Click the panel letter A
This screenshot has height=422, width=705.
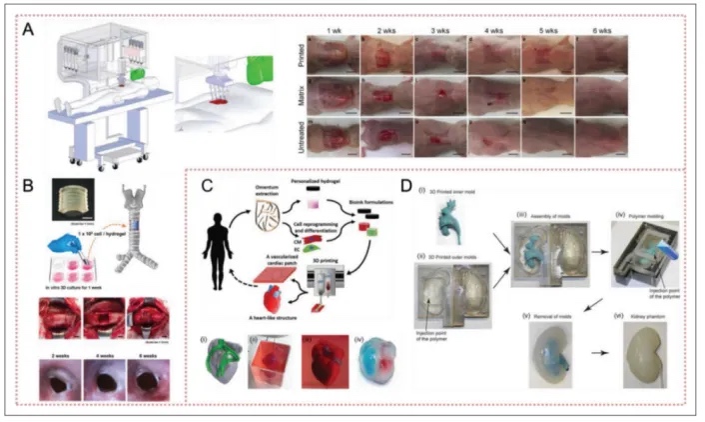[x=32, y=30]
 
